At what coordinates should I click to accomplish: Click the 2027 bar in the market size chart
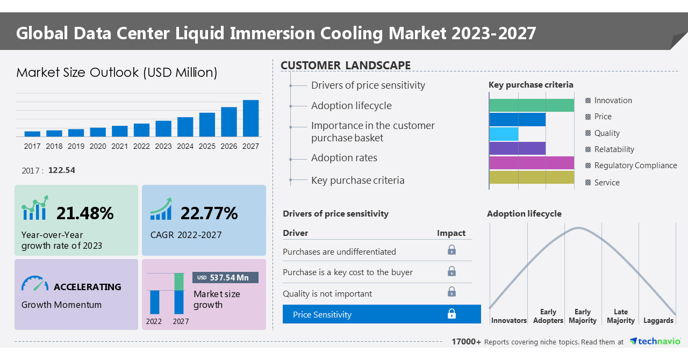coord(250,118)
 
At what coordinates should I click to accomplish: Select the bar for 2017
coord(32,134)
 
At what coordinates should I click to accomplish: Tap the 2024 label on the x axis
coord(185,146)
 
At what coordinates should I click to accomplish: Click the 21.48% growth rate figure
coord(85,213)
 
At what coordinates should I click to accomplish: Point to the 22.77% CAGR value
coord(209,213)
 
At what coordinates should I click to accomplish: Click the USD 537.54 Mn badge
coord(225,277)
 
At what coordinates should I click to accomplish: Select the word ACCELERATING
coord(87,287)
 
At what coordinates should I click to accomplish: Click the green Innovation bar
coord(532,105)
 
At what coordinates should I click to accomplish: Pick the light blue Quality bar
coord(504,134)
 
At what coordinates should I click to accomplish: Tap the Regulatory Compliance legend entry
coord(635,165)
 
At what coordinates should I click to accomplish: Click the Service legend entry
coord(606,183)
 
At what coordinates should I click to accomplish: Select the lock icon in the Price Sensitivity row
coord(451,314)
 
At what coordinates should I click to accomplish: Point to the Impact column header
coord(451,233)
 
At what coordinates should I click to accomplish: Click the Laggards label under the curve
coord(658,320)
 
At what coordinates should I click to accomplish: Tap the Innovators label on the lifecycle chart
coord(508,320)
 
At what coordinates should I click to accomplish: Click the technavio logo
coord(655,341)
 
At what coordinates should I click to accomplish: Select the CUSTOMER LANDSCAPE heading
coord(346,66)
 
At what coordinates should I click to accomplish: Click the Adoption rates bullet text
coord(344,158)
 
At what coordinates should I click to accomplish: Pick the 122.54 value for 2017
coord(61,170)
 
